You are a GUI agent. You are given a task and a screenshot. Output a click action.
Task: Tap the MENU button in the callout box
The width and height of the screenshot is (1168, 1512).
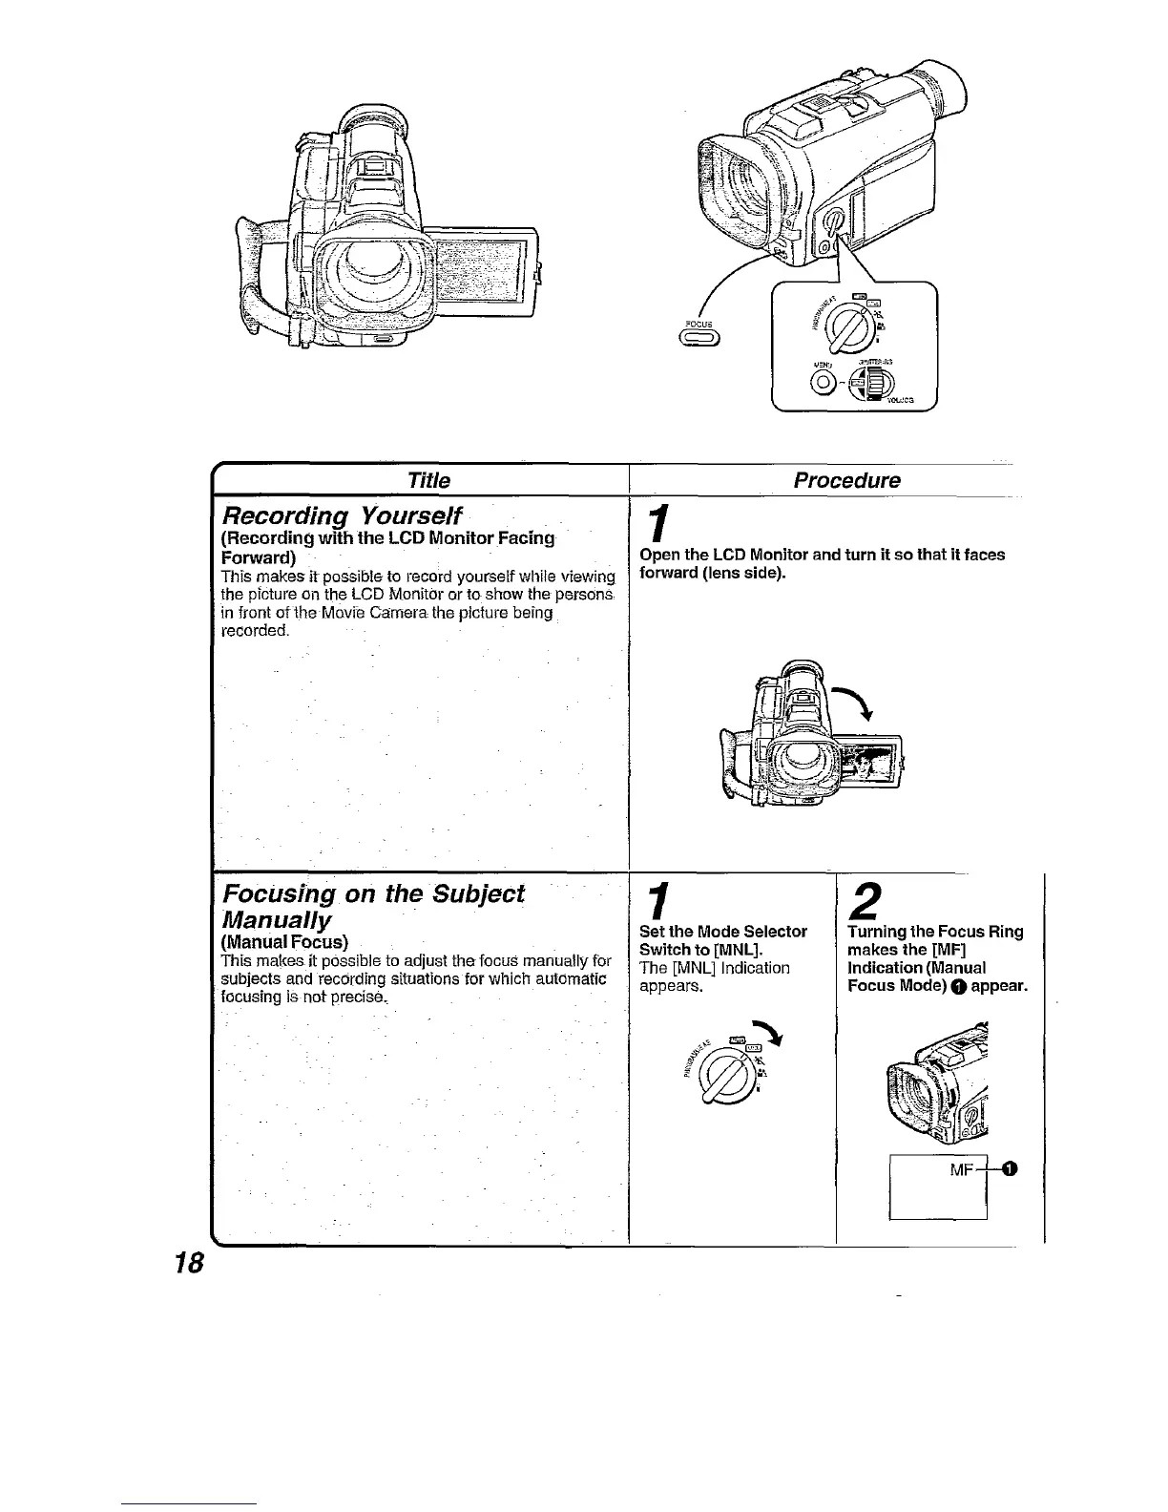821,384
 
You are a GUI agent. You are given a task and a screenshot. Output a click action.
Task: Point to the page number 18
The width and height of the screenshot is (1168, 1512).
188,1263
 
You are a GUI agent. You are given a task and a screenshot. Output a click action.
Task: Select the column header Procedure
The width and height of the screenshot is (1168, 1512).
846,479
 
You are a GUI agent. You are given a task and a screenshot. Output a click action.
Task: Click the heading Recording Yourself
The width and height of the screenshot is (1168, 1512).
341,516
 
